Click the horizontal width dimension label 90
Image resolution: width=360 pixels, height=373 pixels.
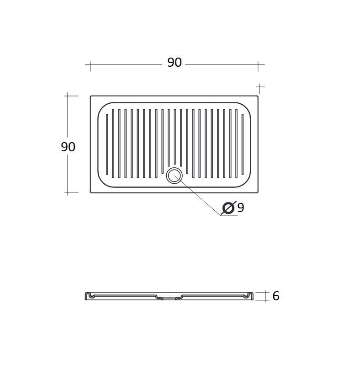tap(175, 62)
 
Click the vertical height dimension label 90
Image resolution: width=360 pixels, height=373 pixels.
tap(68, 147)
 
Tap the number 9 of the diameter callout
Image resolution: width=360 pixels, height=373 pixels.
tap(241, 208)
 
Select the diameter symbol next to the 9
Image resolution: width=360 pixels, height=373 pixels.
tap(228, 208)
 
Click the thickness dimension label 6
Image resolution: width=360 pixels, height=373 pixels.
tap(276, 296)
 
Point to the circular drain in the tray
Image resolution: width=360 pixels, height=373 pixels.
tap(175, 176)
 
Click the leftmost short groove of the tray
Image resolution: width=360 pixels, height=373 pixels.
tap(107, 144)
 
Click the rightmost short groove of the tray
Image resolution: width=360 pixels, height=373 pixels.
tap(243, 144)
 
